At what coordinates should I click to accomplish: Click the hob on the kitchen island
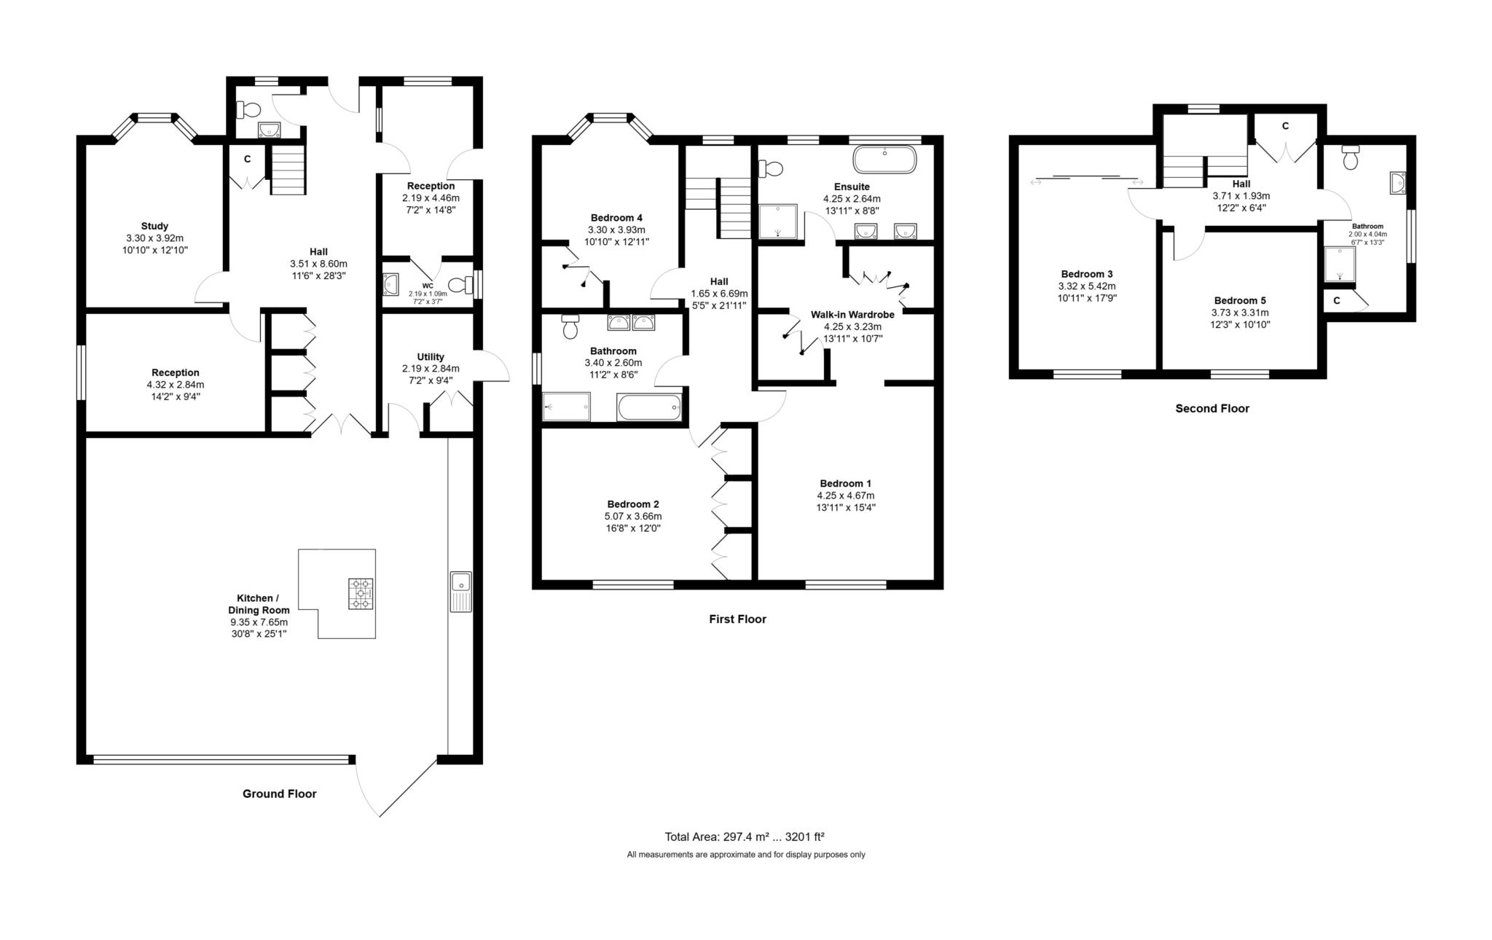tap(361, 594)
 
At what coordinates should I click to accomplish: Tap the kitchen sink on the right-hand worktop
tap(460, 583)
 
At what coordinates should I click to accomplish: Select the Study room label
tap(154, 226)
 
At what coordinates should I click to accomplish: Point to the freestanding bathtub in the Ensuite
tap(884, 160)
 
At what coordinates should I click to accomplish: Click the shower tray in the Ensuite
tap(779, 222)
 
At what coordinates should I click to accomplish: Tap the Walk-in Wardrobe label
tap(852, 315)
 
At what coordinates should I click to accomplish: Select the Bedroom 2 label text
tap(633, 504)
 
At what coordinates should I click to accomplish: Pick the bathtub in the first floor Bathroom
tap(649, 407)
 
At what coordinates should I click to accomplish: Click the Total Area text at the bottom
tap(744, 837)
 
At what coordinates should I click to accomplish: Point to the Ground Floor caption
tap(279, 794)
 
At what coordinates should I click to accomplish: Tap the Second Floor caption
tap(1212, 408)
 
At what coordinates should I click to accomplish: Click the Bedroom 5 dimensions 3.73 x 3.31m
tap(1240, 313)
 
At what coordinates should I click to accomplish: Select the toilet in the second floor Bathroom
tap(1351, 157)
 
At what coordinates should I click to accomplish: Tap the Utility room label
tap(431, 357)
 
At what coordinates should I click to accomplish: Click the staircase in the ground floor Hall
tap(289, 169)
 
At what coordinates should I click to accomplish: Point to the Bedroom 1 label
tap(845, 484)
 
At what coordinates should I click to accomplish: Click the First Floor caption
tap(737, 619)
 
